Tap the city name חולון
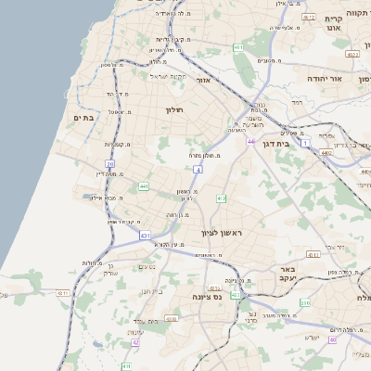coord(175,110)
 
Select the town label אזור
coord(206,81)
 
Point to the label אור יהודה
coord(326,80)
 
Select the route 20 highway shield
coord(109,163)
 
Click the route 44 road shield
coord(250,141)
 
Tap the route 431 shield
coord(146,237)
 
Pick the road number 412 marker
coord(221,198)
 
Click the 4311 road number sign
coord(63,293)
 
